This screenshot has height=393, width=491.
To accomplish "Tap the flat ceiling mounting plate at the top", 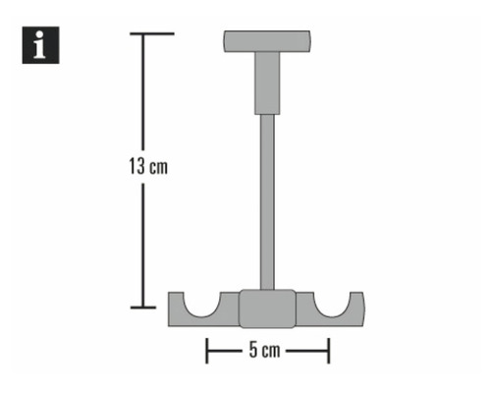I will [x=266, y=41].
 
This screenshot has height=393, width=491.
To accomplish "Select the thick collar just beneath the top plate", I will [x=266, y=83].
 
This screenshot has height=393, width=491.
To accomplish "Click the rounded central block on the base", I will [x=266, y=308].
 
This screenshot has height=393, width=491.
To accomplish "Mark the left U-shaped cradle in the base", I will [x=207, y=304].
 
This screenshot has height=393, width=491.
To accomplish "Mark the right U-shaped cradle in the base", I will [x=326, y=304].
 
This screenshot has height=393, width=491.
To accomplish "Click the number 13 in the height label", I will [x=136, y=166].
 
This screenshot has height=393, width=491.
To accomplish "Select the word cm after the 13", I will [x=158, y=167].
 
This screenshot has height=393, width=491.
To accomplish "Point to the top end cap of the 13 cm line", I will [x=145, y=33].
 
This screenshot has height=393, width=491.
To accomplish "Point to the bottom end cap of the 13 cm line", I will [x=144, y=308].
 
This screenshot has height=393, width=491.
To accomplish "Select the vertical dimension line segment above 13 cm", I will [x=145, y=93].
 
